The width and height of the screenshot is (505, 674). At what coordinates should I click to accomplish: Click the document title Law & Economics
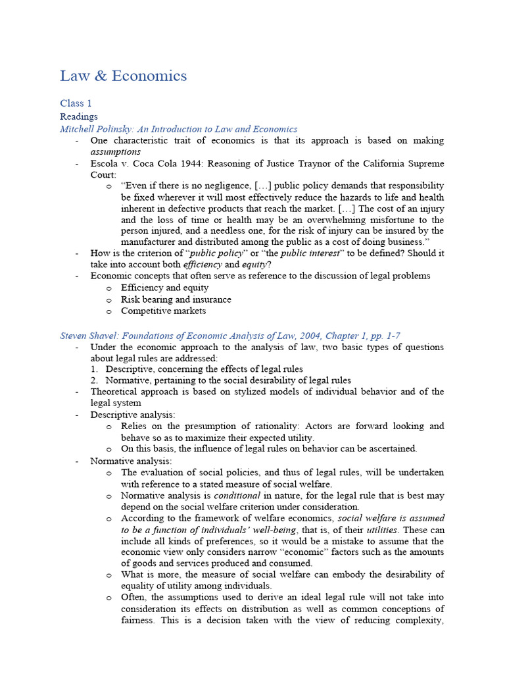coord(123,76)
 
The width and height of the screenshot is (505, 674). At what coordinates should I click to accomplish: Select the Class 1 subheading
coord(76,103)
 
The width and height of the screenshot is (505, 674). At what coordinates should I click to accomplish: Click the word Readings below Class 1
coord(79,117)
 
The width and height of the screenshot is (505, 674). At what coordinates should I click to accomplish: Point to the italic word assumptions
coord(115,151)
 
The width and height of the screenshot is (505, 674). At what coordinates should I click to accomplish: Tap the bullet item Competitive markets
coord(163,311)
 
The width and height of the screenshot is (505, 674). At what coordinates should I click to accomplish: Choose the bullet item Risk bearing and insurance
coord(176,299)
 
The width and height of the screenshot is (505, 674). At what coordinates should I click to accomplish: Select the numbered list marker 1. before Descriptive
coord(94,369)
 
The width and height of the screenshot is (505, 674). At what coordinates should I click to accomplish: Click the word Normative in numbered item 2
coord(128,380)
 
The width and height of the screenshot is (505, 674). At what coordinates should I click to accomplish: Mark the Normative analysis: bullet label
coord(131,461)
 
